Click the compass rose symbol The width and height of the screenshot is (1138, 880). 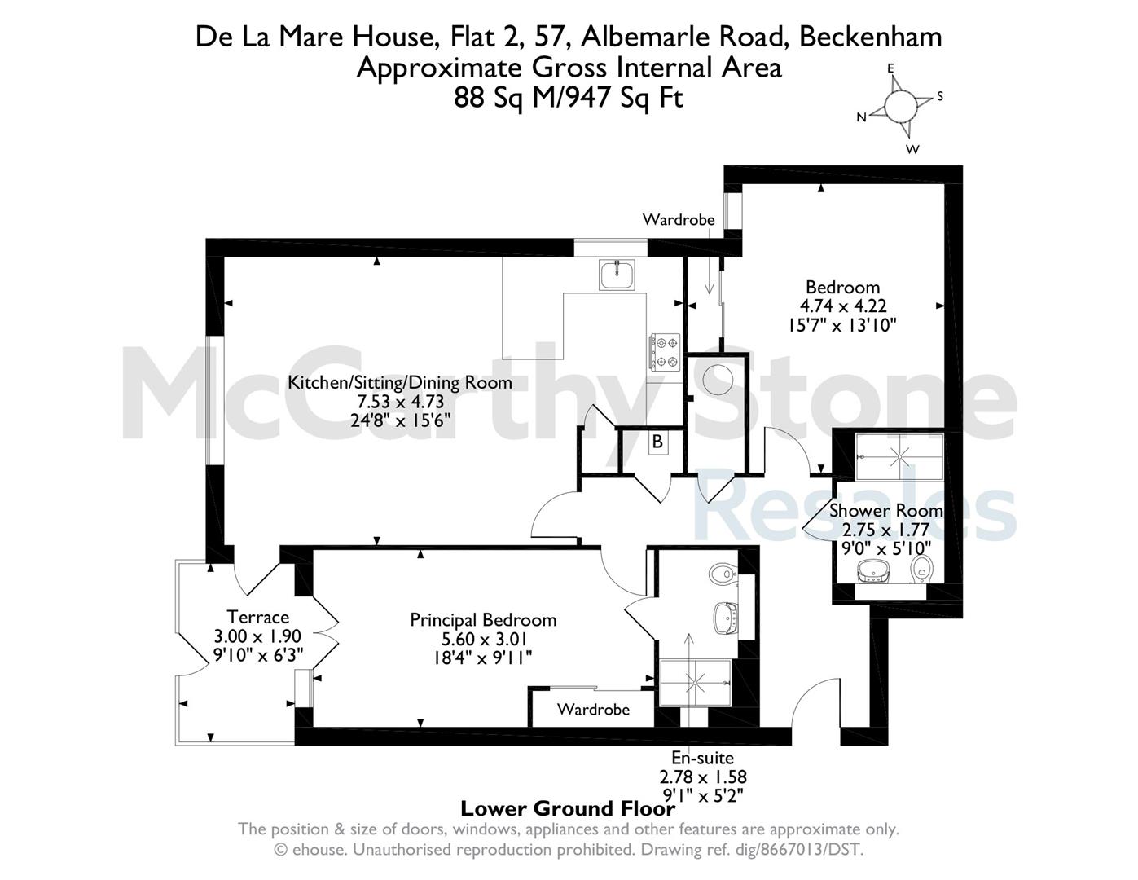coord(900,105)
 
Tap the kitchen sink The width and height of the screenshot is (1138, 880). coord(617,275)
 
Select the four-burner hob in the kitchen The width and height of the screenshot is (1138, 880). coord(665,352)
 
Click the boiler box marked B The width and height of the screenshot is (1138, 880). coord(657,442)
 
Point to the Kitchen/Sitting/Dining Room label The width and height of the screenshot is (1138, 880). coord(400,382)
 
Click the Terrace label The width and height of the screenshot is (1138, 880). coord(257,617)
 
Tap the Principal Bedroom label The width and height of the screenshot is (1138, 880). coord(483,620)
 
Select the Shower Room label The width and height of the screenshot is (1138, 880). coord(886,510)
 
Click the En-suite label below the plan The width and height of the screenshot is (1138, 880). coord(703,758)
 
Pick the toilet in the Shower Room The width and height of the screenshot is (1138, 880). coord(921,569)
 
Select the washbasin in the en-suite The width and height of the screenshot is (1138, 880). coord(727,618)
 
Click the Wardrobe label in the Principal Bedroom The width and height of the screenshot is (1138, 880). coord(593,709)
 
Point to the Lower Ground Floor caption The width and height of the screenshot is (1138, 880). coord(569,809)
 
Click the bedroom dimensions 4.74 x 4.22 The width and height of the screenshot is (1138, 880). coord(842,306)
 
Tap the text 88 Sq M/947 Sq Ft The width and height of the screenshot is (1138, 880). coord(569,98)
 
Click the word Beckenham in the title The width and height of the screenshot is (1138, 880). coord(871,37)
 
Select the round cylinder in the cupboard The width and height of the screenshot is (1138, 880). coord(717,379)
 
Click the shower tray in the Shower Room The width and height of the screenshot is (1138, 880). coord(899,456)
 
